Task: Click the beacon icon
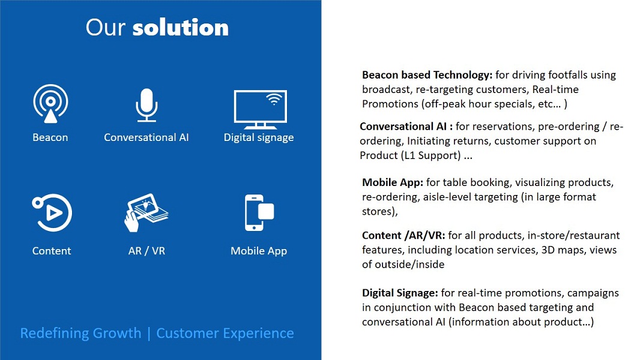[50, 104]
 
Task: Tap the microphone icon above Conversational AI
[146, 105]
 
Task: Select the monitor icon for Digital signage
[261, 109]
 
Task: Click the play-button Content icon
[52, 213]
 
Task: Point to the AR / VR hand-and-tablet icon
[146, 212]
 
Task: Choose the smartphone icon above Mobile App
[259, 212]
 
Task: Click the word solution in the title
[180, 28]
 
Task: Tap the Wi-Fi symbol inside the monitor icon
[274, 99]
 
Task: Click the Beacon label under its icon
[50, 137]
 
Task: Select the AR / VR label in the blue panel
[146, 251]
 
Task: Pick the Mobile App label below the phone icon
[259, 251]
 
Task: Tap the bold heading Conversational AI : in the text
[406, 127]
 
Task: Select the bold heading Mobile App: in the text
[393, 182]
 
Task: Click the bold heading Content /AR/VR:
[403, 236]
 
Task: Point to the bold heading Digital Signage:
[400, 293]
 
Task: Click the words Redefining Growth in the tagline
[81, 333]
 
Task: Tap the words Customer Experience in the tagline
[225, 334]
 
